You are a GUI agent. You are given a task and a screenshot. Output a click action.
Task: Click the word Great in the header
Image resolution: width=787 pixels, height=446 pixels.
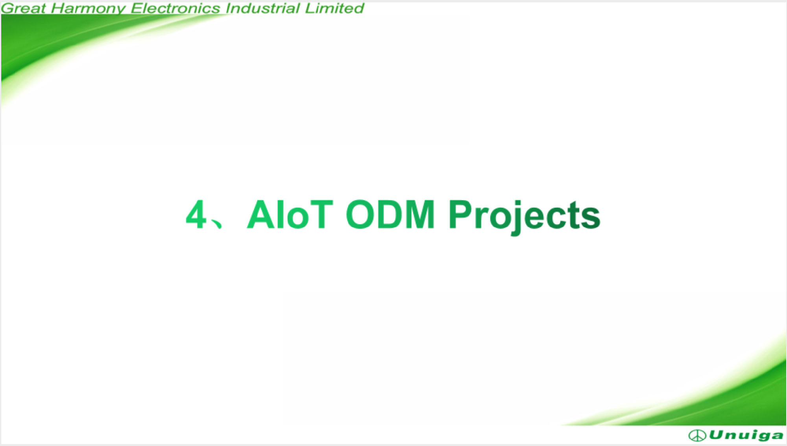pyautogui.click(x=23, y=8)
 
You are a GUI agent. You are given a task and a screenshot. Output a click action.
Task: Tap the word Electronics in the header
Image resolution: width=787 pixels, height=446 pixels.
pyautogui.click(x=175, y=8)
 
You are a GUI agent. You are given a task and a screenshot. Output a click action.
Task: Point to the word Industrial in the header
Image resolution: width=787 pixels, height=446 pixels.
pyautogui.click(x=262, y=8)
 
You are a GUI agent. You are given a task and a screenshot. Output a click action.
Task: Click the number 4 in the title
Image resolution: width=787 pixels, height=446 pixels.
pyautogui.click(x=196, y=214)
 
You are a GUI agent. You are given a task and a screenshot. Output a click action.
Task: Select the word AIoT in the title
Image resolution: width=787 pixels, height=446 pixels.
pyautogui.click(x=290, y=214)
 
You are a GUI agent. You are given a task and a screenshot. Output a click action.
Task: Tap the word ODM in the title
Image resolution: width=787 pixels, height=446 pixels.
pyautogui.click(x=390, y=214)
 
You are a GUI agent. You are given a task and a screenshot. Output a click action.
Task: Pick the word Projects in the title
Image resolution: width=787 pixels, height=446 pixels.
pyautogui.click(x=525, y=217)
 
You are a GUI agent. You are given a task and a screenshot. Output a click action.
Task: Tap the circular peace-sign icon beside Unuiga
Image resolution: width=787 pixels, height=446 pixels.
pyautogui.click(x=697, y=435)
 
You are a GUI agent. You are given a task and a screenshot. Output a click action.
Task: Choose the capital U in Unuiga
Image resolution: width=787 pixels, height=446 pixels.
pyautogui.click(x=717, y=435)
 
